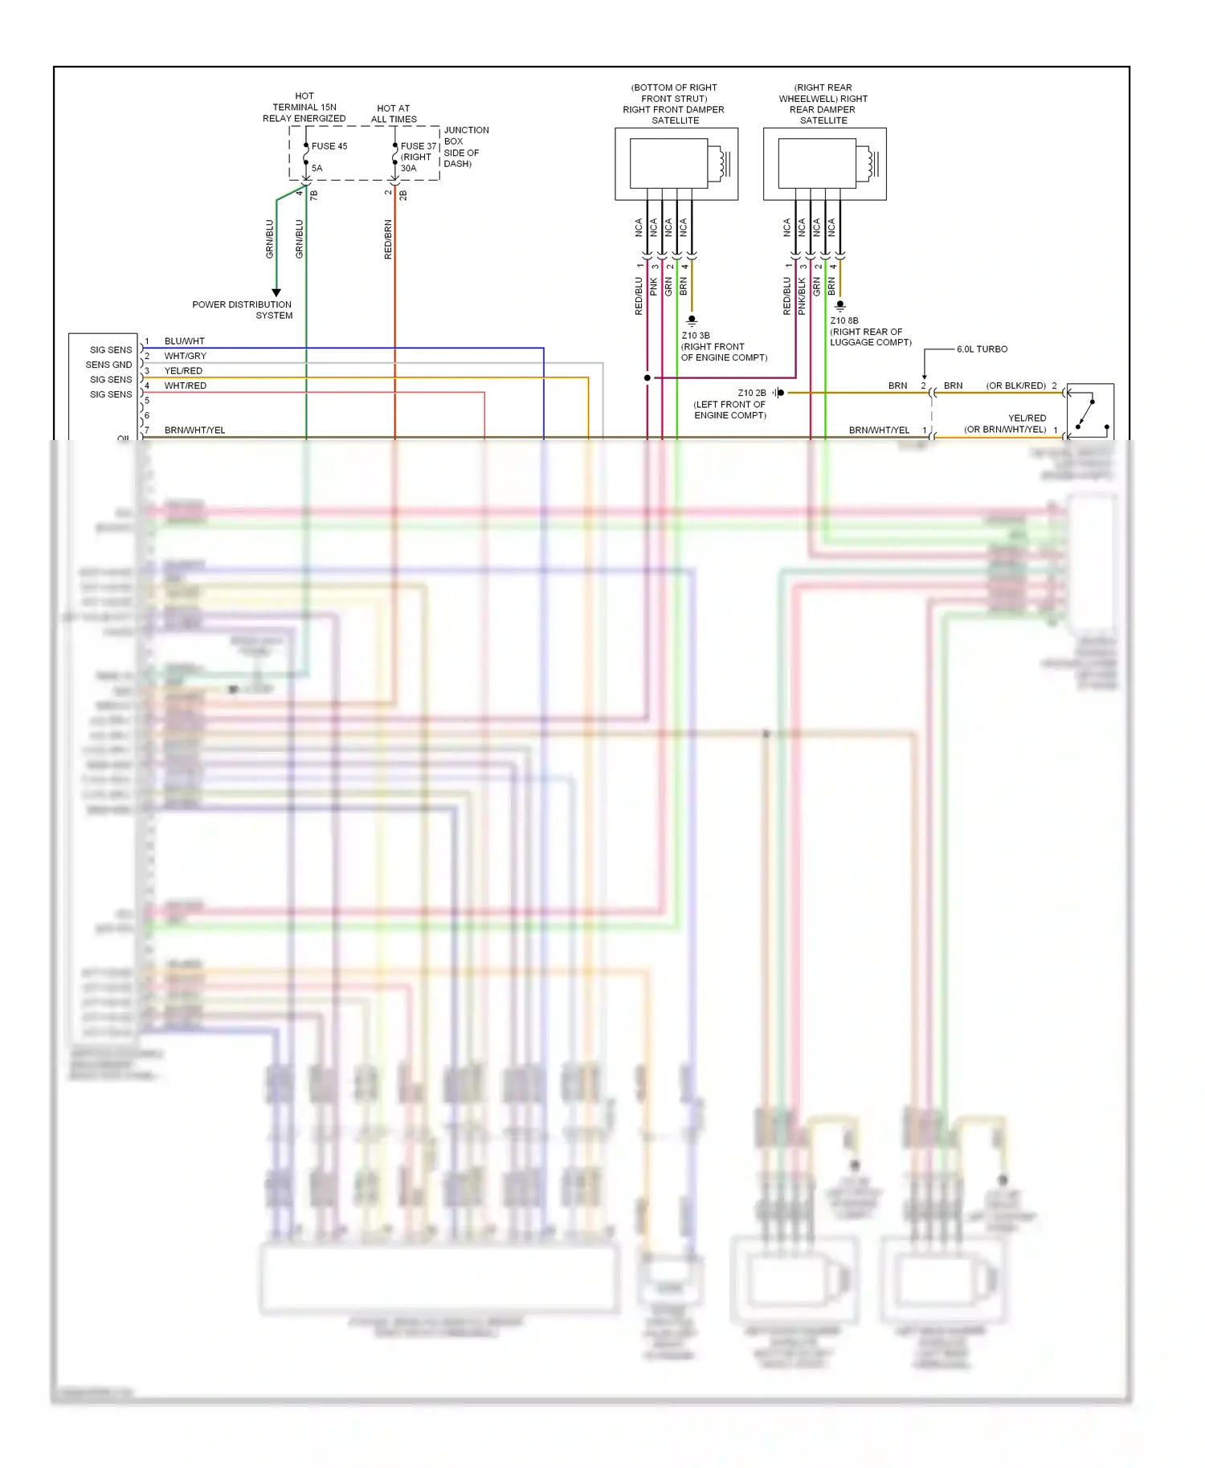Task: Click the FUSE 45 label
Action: tap(329, 146)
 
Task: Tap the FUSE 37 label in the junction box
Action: tap(419, 146)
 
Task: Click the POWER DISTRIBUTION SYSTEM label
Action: tap(242, 310)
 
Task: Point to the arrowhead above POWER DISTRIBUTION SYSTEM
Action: tap(276, 292)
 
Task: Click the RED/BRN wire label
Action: tap(388, 239)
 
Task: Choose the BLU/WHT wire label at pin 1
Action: tap(184, 341)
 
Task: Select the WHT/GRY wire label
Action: tap(185, 356)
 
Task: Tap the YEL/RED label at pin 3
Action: tap(183, 371)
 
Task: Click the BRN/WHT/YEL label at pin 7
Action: tap(194, 430)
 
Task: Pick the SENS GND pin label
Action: tap(108, 365)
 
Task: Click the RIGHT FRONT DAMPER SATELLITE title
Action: tap(674, 104)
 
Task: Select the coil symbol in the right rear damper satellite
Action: tap(872, 164)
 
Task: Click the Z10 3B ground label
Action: tap(696, 336)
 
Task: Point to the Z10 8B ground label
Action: tap(844, 320)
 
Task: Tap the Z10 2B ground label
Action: tap(752, 394)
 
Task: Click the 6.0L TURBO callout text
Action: tap(982, 349)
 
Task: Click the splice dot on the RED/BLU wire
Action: tap(647, 377)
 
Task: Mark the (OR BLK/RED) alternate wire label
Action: tap(1015, 385)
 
